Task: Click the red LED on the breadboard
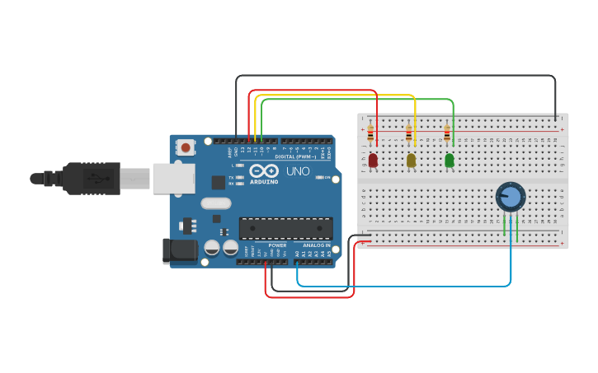point(373,161)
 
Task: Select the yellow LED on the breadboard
point(411,161)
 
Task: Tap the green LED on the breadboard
point(450,161)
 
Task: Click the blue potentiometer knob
point(511,198)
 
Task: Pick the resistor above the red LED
point(370,132)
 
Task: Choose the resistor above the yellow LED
point(408,132)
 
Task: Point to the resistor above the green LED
point(447,132)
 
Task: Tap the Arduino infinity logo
point(264,171)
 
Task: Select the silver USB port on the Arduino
point(172,177)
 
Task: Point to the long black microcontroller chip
point(285,229)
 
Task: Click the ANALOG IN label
point(316,245)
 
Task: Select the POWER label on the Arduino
point(277,245)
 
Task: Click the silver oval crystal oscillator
point(215,204)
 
